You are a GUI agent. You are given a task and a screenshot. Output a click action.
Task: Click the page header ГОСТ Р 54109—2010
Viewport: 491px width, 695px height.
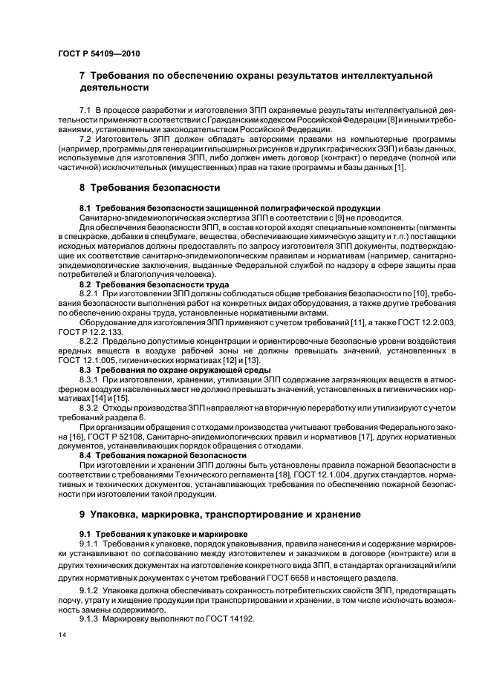point(97,55)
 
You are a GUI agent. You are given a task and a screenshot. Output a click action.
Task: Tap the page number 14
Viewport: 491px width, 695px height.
point(61,635)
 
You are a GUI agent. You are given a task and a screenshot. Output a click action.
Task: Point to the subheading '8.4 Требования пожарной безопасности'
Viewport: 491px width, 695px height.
point(163,455)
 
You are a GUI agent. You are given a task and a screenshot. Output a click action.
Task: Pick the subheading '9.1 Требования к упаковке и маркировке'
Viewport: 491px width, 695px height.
point(164,534)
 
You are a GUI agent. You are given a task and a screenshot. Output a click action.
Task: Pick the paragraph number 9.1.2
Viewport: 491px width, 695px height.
point(91,590)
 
